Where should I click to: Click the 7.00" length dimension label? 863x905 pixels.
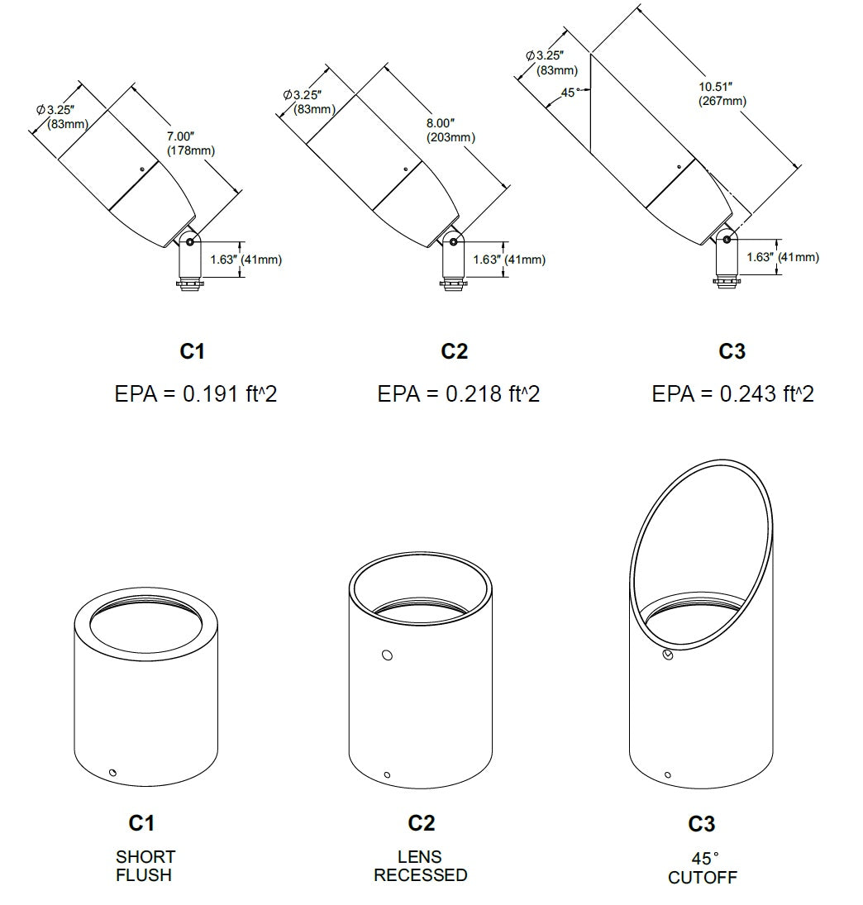[180, 136]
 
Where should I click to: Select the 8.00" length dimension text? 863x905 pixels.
[441, 123]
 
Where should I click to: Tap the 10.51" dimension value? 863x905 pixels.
[715, 87]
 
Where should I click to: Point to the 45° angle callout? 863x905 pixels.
[570, 93]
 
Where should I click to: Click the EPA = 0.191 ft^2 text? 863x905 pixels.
[196, 393]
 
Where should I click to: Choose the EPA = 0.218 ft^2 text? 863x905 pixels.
[458, 393]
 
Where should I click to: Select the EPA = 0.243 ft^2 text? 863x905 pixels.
[732, 393]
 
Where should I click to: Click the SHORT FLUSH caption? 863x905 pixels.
[145, 866]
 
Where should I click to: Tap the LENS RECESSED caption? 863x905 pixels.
[420, 866]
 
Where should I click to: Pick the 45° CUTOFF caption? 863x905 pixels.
[703, 868]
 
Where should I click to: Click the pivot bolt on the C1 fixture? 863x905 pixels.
[190, 242]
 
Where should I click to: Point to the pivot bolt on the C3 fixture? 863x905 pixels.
[726, 239]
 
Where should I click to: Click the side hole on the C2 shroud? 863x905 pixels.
[388, 655]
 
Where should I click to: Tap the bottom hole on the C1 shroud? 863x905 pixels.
[112, 773]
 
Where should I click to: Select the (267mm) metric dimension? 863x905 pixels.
[722, 101]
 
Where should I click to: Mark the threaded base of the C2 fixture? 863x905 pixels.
[452, 284]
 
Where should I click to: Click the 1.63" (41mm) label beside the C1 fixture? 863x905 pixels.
[246, 260]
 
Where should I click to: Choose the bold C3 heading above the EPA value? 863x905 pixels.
[732, 351]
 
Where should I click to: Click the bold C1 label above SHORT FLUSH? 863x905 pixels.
[141, 823]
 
